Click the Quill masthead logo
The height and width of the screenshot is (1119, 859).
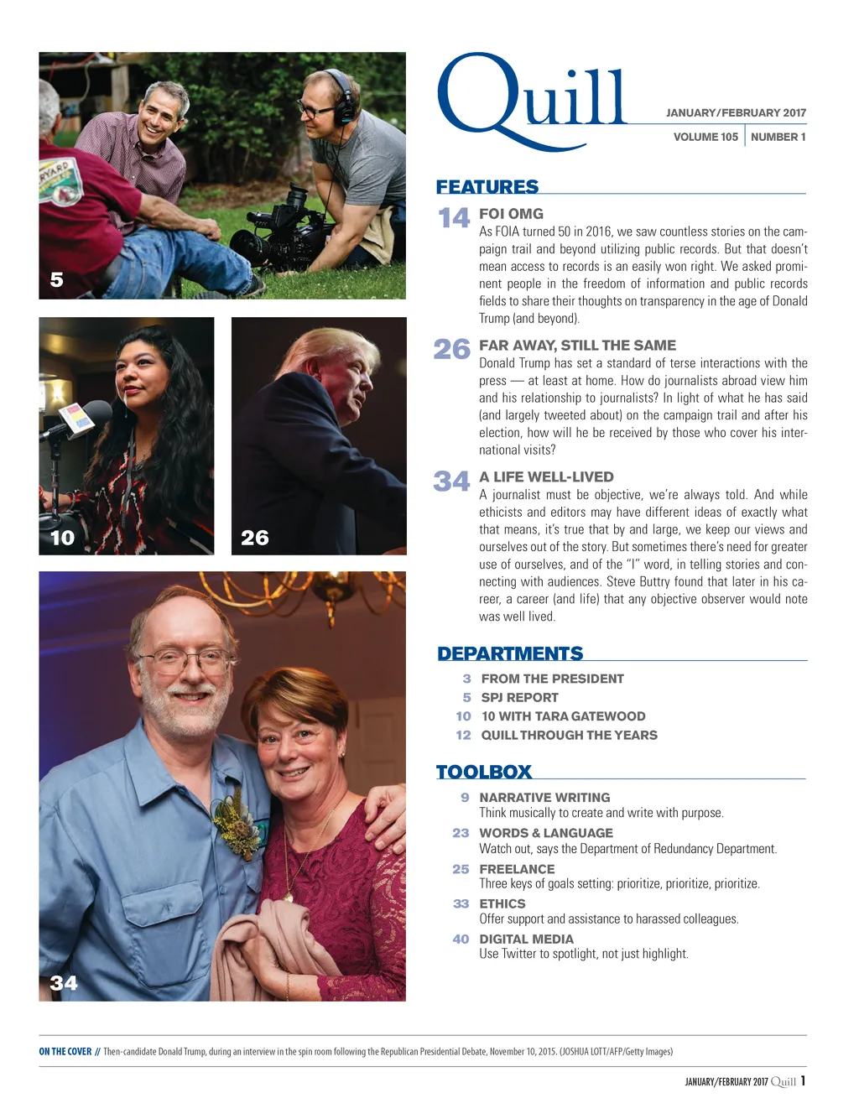click(x=530, y=101)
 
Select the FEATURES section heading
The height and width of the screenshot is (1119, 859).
click(x=487, y=186)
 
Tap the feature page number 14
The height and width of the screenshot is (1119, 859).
click(x=454, y=218)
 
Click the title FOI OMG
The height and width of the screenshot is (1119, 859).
click(x=511, y=214)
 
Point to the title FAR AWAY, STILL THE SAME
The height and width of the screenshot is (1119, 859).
click(x=577, y=346)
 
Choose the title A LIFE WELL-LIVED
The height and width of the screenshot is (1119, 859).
click(x=546, y=477)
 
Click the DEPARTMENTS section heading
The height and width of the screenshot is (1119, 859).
click(x=510, y=653)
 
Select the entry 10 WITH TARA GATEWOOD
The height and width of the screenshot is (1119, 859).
click(x=563, y=716)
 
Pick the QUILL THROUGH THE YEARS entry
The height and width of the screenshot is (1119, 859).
click(x=569, y=735)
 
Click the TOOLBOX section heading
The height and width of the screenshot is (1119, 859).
click(x=484, y=772)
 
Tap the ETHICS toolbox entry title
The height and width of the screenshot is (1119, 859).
click(x=502, y=903)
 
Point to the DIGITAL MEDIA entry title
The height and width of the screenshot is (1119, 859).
click(x=526, y=939)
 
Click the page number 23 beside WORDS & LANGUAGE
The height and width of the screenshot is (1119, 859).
click(x=461, y=833)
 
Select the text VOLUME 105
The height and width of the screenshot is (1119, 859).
click(x=705, y=137)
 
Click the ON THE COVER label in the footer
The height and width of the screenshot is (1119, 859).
click(x=65, y=1051)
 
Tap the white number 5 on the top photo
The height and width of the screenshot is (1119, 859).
click(x=56, y=279)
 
